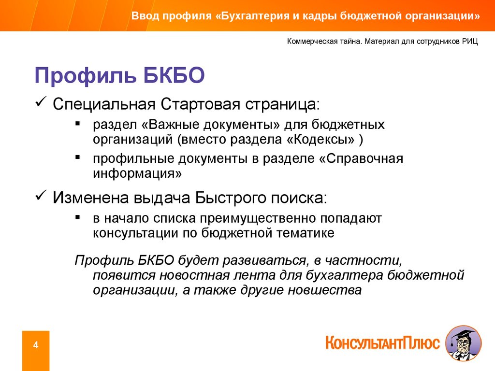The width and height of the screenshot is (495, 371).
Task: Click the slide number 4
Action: pyautogui.click(x=36, y=345)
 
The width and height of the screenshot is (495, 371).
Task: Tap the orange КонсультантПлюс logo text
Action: pyautogui.click(x=383, y=343)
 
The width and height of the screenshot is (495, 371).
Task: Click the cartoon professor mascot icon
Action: pyautogui.click(x=464, y=343)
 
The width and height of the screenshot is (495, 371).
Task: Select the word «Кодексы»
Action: pyautogui.click(x=320, y=139)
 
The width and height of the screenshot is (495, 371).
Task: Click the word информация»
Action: pyautogui.click(x=137, y=173)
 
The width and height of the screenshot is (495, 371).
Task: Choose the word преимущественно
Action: pyautogui.click(x=258, y=218)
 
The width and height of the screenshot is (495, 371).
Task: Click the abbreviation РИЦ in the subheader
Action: pyautogui.click(x=470, y=42)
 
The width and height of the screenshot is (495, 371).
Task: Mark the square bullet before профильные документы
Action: pyautogui.click(x=78, y=157)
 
